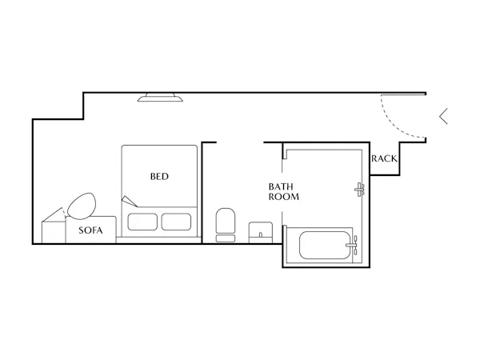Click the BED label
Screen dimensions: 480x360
click(x=159, y=176)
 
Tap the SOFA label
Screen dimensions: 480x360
click(x=90, y=230)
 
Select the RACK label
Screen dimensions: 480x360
click(x=384, y=158)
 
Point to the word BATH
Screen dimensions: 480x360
click(x=281, y=186)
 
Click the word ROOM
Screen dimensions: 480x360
click(x=284, y=197)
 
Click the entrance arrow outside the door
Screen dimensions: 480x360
click(x=443, y=116)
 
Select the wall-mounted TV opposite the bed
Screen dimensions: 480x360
click(x=160, y=98)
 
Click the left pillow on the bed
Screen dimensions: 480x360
click(x=142, y=222)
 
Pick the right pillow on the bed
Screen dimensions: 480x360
click(x=176, y=222)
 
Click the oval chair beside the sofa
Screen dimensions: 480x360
click(x=82, y=206)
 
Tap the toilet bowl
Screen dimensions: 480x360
click(x=226, y=221)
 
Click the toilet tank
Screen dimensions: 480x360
click(x=226, y=238)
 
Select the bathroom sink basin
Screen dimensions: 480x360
click(x=261, y=232)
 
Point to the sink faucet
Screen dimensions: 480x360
click(x=261, y=234)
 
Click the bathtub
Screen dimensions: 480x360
click(x=325, y=246)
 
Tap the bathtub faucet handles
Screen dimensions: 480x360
click(x=353, y=245)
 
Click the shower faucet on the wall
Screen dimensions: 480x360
click(x=360, y=190)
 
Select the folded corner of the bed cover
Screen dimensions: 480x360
click(x=129, y=201)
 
